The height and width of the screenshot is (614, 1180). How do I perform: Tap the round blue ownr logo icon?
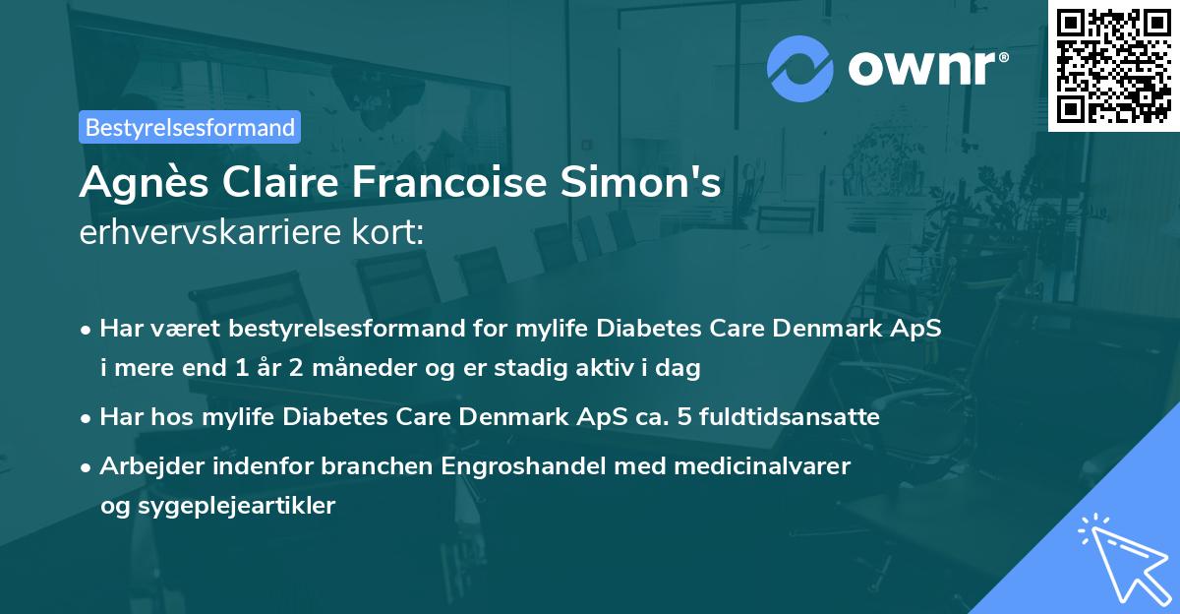[800, 67]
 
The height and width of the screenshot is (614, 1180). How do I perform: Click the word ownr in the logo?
[919, 67]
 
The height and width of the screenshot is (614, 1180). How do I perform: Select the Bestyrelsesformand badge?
[190, 127]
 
